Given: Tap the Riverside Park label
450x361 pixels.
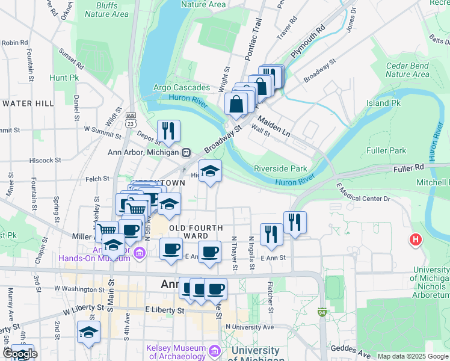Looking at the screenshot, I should coord(280,169).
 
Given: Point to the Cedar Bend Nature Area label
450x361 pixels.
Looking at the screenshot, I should coord(407,70).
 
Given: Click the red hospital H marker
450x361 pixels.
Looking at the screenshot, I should coord(415,240).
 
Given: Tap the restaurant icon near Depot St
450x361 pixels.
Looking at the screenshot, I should coord(168,131).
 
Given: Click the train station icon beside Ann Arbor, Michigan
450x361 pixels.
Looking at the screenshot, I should coord(186,152).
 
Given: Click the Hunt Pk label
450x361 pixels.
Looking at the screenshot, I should coord(64,78).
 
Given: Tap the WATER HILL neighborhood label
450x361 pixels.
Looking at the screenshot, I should coord(28,103).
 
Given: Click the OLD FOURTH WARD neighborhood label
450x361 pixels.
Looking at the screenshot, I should coord(196,232).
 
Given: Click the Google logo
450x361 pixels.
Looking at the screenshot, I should coord(19,354).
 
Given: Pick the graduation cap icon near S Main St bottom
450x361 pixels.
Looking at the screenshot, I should coord(88,333).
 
